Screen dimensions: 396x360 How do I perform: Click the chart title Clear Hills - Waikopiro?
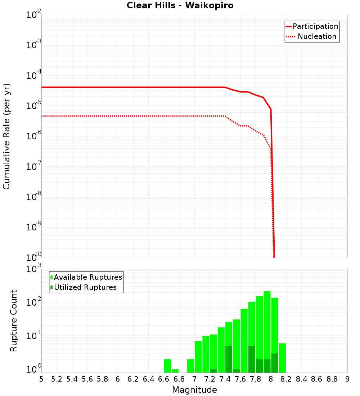pos(180,5)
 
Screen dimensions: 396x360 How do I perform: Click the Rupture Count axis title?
pos(14,320)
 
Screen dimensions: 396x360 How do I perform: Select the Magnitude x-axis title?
pos(194,390)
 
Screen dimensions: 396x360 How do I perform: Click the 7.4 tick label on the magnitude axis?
pos(225,379)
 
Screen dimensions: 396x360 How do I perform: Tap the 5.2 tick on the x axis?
pos(57,379)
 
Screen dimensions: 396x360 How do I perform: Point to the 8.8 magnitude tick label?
pos(332,379)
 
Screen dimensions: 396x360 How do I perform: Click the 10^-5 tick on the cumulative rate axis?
pos(33,106)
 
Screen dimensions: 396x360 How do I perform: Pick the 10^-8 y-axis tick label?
pos(33,197)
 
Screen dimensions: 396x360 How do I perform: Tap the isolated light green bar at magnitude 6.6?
pos(167,365)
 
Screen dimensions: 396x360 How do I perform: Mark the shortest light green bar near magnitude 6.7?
pos(175,371)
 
